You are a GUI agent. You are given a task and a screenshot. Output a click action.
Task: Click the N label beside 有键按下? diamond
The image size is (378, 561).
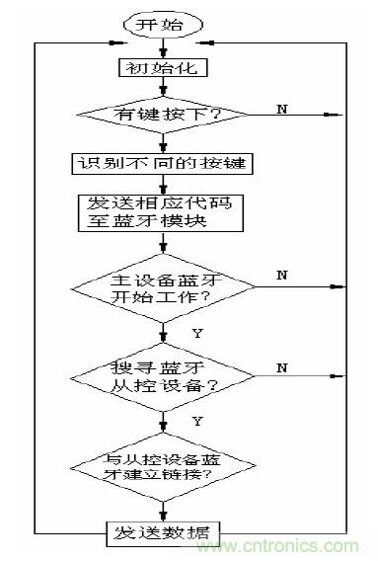tap(282, 108)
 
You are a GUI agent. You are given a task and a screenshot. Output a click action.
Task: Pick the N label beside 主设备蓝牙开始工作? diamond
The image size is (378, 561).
tap(282, 275)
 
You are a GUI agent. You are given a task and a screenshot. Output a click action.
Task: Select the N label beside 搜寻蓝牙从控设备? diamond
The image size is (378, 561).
tap(282, 368)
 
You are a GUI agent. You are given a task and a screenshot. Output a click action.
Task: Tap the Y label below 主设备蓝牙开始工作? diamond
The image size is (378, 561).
tap(196, 334)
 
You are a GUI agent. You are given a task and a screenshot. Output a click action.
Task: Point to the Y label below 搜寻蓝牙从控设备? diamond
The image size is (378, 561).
tap(196, 422)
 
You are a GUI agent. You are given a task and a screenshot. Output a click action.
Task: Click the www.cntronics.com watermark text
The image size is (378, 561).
tap(296, 544)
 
